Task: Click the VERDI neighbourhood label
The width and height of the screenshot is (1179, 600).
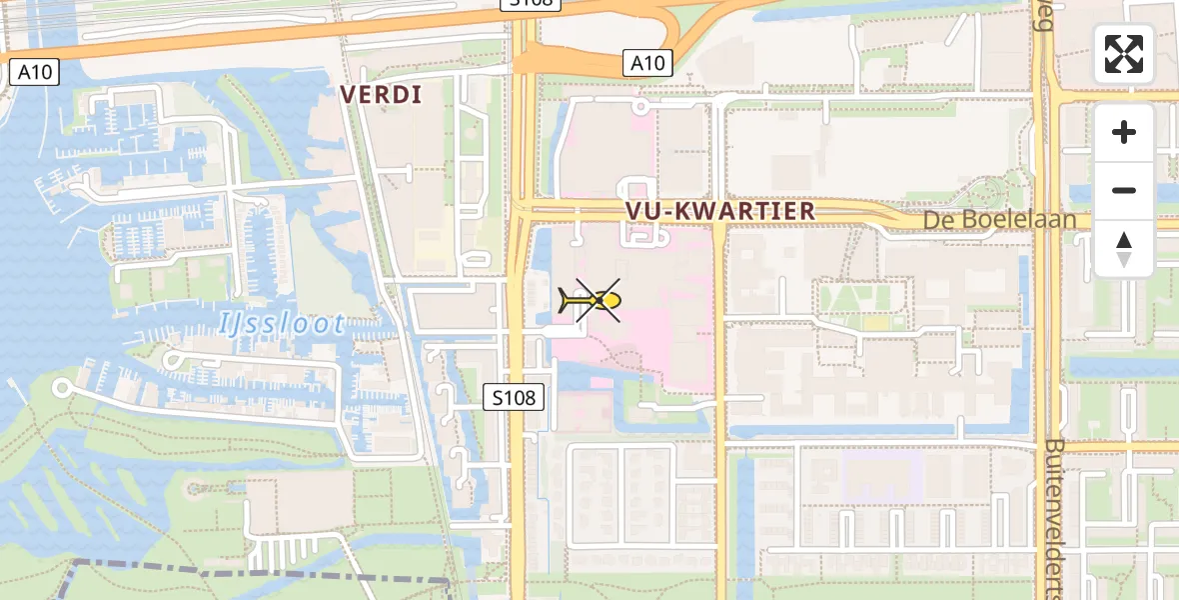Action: point(381,95)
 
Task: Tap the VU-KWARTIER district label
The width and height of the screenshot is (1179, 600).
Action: point(718,211)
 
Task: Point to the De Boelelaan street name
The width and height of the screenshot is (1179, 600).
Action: point(1012,220)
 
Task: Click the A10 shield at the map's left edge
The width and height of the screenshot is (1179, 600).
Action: point(36,72)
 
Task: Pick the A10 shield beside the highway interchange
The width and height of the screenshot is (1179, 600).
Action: point(647,63)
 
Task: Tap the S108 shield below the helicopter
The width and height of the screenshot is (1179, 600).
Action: point(515,397)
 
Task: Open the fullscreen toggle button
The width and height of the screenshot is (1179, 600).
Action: point(1124,54)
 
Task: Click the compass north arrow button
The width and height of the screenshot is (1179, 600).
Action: point(1124,249)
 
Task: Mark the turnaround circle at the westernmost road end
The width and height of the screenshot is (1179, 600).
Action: point(62,387)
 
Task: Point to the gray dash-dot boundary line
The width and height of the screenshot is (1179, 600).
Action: point(250,573)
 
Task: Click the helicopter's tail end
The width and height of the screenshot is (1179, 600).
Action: point(563,297)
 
